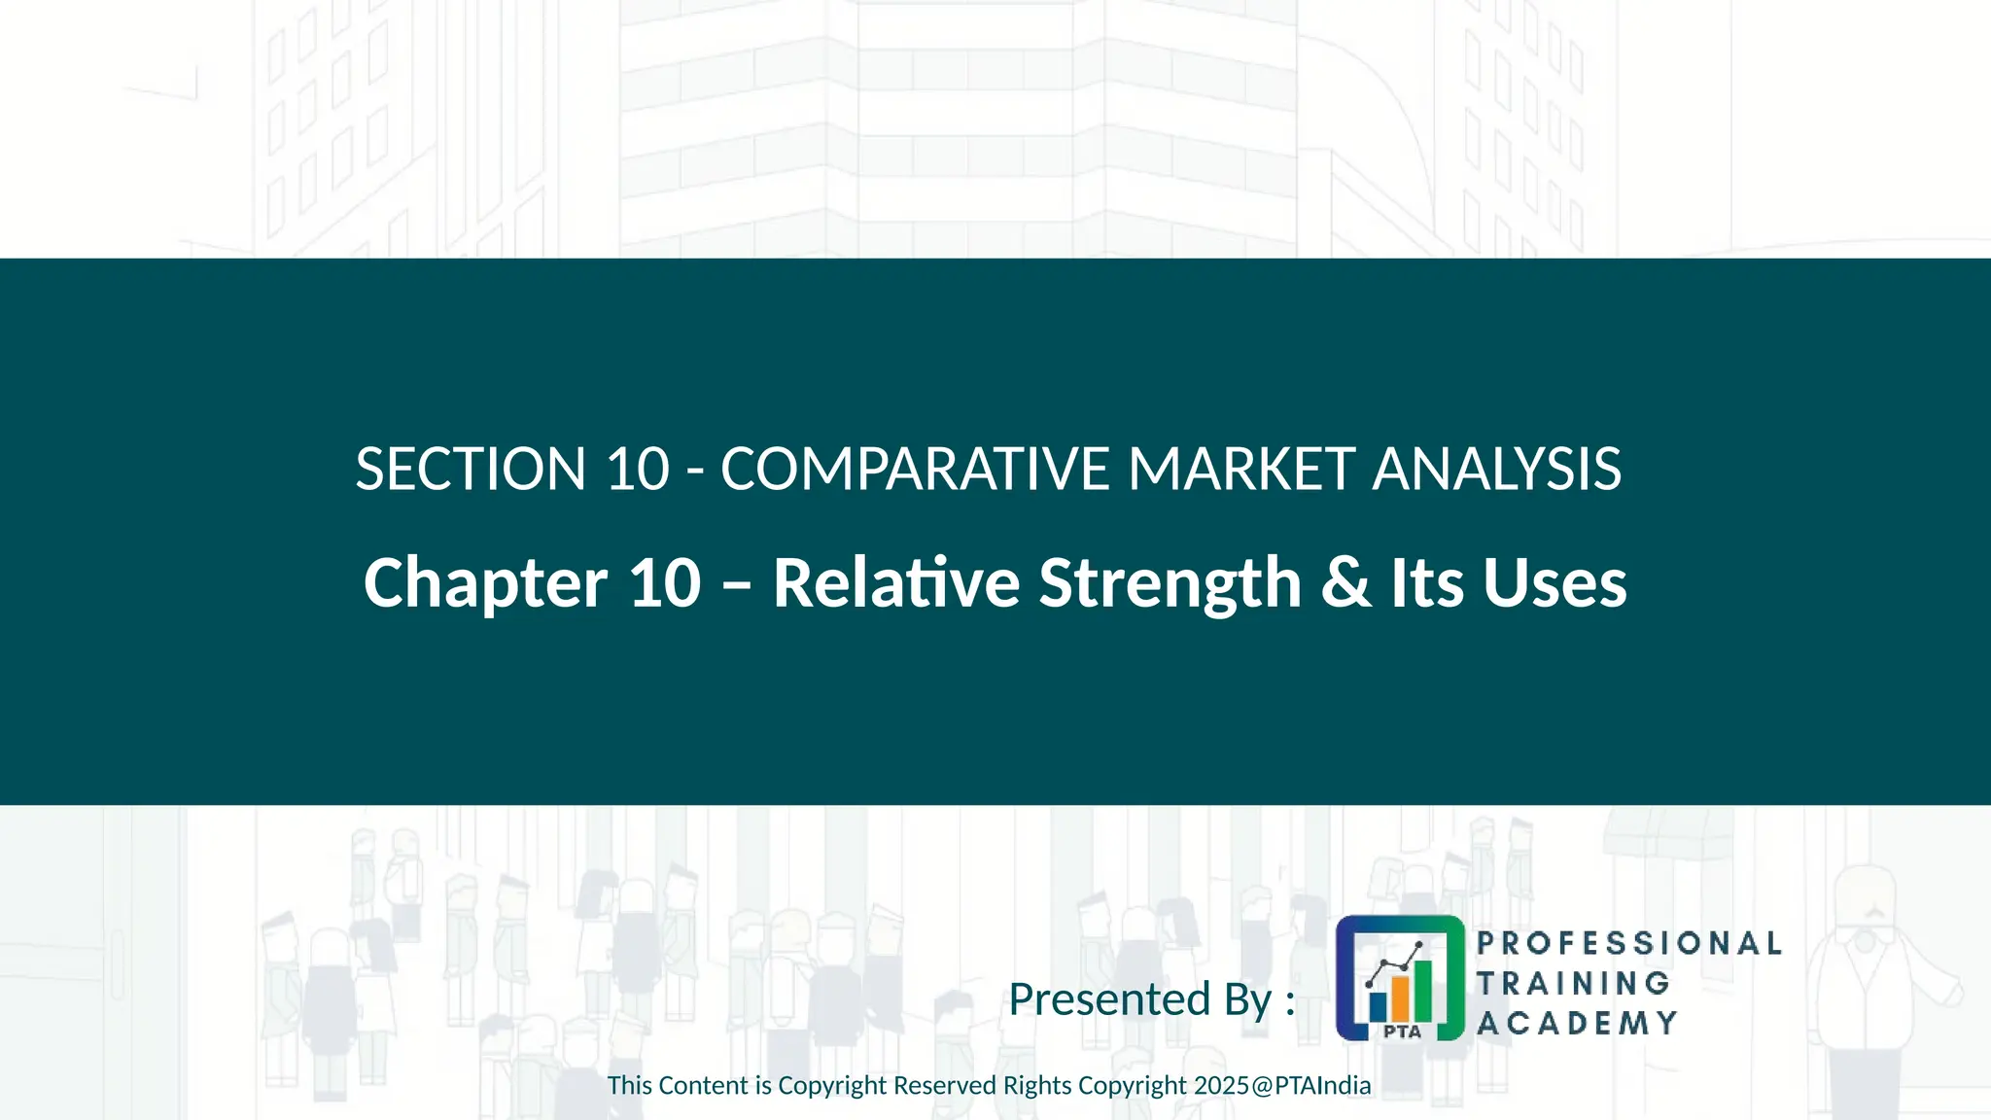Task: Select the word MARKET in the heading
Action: pos(1240,470)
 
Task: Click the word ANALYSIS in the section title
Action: pos(1496,470)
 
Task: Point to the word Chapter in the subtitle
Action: pos(485,583)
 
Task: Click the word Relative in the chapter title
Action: pos(895,583)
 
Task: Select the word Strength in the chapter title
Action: pos(1170,583)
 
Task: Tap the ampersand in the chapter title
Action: pos(1345,583)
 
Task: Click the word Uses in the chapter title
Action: pos(1554,583)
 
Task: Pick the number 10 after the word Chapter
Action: pos(665,583)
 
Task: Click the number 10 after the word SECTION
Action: pos(638,470)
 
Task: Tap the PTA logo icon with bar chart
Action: pos(1399,977)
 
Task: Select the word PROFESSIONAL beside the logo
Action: pos(1628,943)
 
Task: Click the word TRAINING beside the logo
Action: pos(1573,983)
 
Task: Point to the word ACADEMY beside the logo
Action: pos(1577,1023)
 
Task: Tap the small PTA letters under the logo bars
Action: pos(1401,1032)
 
